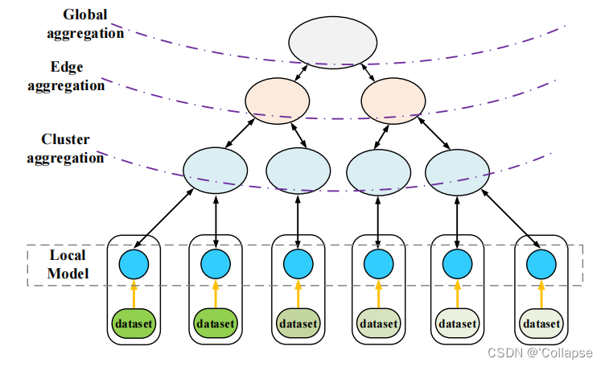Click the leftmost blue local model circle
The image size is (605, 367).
pyautogui.click(x=134, y=262)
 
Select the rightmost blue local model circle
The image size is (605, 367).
pyautogui.click(x=540, y=262)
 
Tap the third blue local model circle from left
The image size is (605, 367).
pyautogui.click(x=298, y=262)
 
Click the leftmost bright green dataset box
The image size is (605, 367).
pyautogui.click(x=134, y=324)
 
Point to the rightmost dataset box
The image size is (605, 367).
pyautogui.click(x=540, y=324)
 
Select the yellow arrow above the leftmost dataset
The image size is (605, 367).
pyautogui.click(x=134, y=293)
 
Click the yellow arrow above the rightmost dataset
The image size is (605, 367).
pyautogui.click(x=540, y=293)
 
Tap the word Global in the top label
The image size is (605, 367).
pyautogui.click(x=86, y=14)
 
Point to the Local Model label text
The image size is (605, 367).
pyautogui.click(x=67, y=263)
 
